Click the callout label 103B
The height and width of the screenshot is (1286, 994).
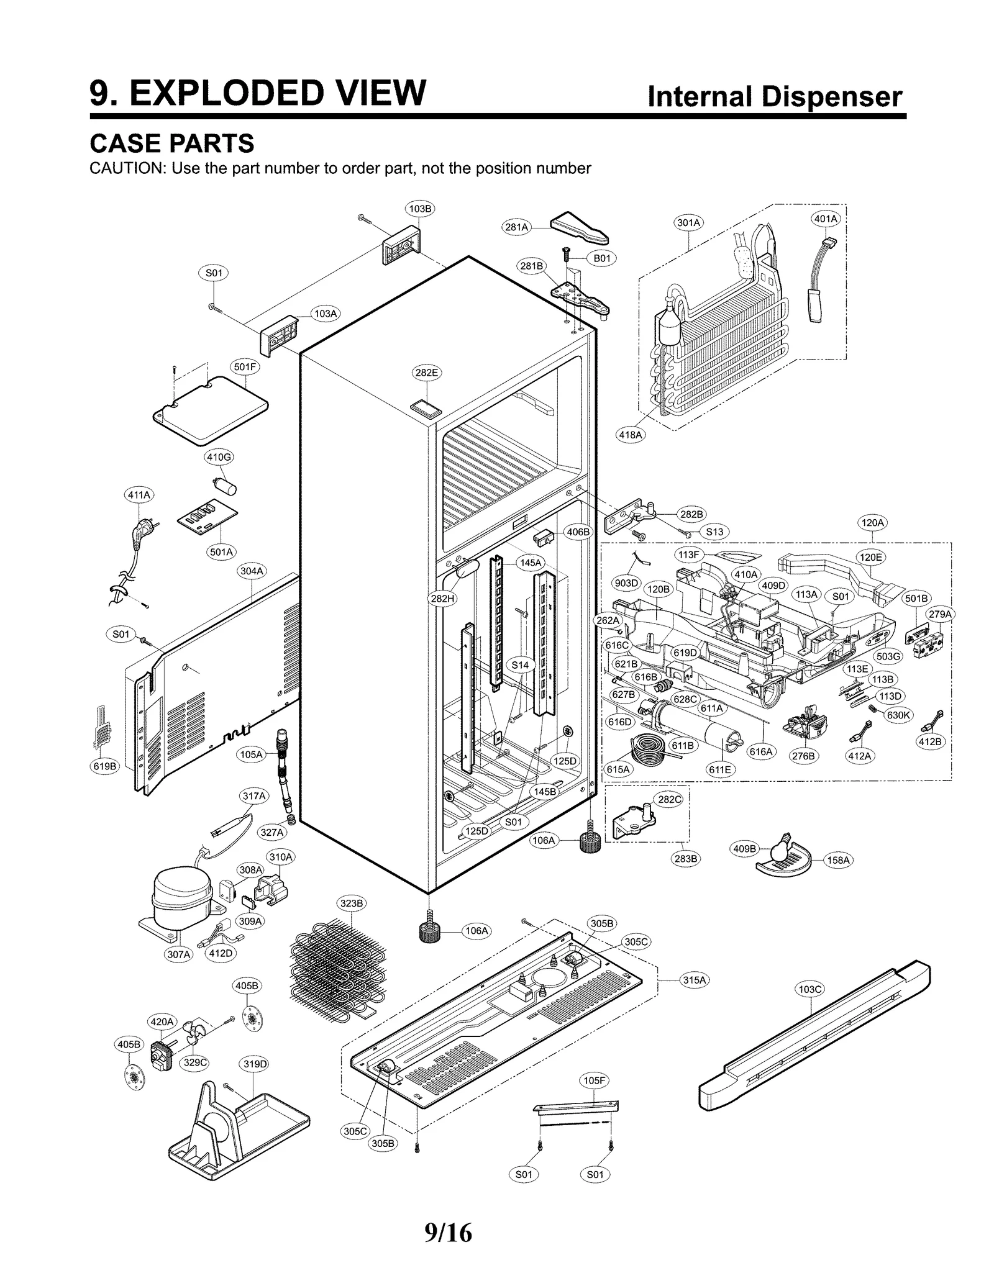pos(419,209)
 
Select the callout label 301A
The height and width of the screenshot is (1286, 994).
pos(688,222)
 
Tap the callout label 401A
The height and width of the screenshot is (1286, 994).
pos(826,219)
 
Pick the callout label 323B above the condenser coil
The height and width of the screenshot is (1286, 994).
pos(352,903)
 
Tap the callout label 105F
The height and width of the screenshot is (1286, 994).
pos(594,1080)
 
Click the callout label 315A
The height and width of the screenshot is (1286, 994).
pos(694,980)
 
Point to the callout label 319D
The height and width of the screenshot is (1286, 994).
pos(254,1064)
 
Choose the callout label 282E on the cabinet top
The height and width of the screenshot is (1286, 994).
pos(426,373)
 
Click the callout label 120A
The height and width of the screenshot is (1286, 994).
pos(872,523)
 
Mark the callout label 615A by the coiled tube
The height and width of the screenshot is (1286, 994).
pos(618,769)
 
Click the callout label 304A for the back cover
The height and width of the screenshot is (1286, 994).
pos(252,571)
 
